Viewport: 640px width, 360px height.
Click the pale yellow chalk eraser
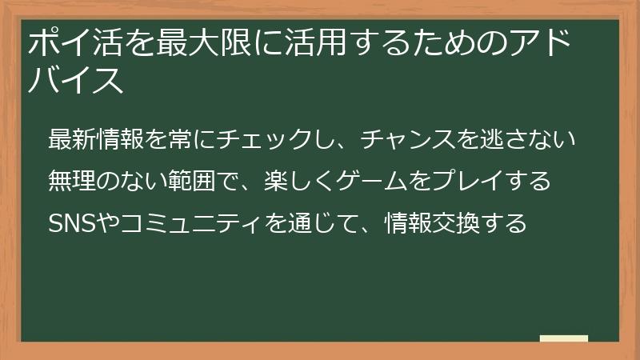[x=564, y=339]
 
